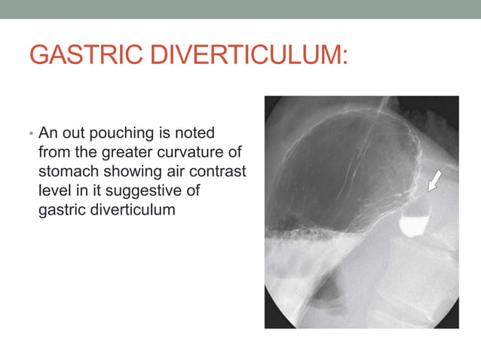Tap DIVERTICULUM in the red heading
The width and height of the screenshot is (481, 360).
coord(244,55)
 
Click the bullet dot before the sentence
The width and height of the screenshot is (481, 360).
coord(31,135)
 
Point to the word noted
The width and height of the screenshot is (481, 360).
coord(195,133)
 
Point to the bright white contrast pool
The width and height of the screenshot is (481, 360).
coord(413,224)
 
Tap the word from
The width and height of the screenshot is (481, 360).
coord(53,151)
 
